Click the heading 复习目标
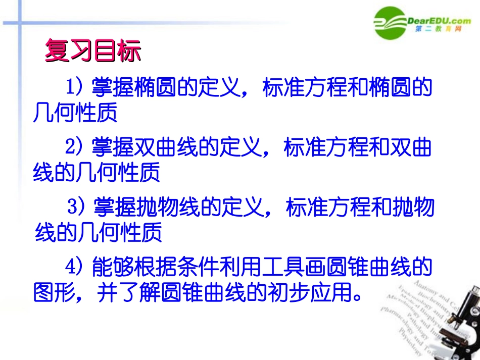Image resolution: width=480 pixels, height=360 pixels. pos(92,50)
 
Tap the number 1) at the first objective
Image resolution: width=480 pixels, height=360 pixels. pos(74,87)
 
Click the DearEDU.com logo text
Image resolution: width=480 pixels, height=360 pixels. pos(439,20)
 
